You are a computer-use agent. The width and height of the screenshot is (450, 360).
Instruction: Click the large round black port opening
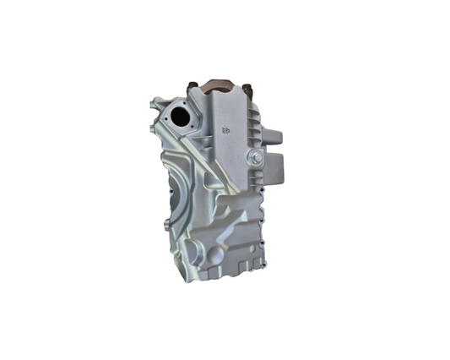coord(178,114)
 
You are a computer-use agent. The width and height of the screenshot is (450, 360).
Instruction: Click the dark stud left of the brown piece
coord(191,86)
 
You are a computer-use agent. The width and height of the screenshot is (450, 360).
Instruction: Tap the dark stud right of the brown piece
coord(247,88)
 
